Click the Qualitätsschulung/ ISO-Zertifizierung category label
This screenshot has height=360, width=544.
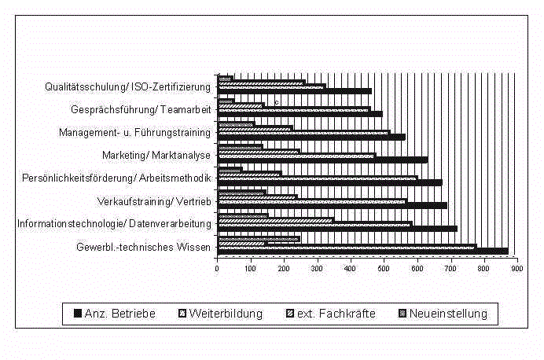tap(127, 86)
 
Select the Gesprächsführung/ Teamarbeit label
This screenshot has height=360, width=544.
tap(141, 109)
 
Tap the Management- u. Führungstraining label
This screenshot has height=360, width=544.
tap(134, 133)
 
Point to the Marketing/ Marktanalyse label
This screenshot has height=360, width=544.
tap(156, 155)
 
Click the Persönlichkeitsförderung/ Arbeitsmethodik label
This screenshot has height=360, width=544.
tap(116, 178)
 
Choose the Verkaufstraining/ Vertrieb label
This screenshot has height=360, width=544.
tap(154, 201)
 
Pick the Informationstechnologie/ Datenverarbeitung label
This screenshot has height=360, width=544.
tap(114, 224)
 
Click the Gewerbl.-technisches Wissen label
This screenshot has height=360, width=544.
tap(143, 247)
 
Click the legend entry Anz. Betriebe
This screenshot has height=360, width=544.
tap(115, 314)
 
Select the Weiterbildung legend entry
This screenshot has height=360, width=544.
tap(221, 314)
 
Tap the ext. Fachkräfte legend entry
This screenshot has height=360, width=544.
tap(331, 314)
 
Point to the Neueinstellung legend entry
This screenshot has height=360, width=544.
tap(443, 314)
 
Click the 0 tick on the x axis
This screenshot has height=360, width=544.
tap(217, 269)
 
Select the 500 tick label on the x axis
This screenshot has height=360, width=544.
tap(384, 269)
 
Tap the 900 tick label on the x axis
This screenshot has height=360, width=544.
tap(517, 269)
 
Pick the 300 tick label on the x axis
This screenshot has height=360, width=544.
tap(317, 269)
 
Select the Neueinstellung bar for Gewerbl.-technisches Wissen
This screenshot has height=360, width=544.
tap(259, 239)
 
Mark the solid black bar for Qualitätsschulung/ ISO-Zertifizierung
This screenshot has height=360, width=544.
tap(295, 91)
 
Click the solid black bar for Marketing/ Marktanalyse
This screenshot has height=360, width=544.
tap(322, 160)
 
